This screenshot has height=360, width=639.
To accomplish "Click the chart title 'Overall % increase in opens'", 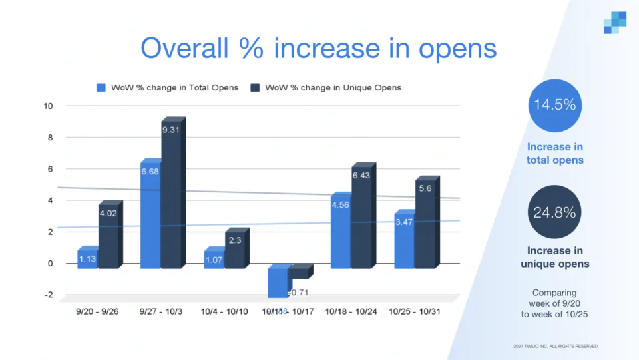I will pos(319,48).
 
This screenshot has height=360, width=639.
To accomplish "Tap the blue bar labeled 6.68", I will pos(150,216).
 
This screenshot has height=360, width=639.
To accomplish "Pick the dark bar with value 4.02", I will pos(108,236).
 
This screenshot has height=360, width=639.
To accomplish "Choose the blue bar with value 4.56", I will pos(341,232).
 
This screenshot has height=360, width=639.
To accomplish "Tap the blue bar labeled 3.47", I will pos(404,240).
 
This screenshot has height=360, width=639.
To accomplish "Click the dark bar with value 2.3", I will pos(234,250).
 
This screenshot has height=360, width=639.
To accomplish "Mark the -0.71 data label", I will pos(299,293).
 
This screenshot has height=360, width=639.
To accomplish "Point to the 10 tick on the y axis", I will pos(49,106).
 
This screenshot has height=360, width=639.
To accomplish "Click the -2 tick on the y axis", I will pos(49,295).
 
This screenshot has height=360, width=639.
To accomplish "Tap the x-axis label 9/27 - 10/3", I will pos(162,311).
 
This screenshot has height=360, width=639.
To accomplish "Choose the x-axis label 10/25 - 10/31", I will pos(415,311).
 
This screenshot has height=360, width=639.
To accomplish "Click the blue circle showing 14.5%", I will pos(555,106).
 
